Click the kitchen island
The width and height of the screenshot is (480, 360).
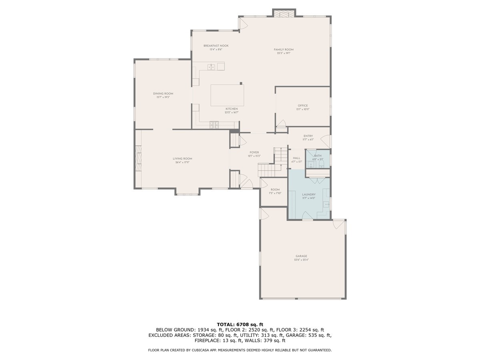click(x=227, y=95)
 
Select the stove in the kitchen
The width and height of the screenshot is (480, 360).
click(x=214, y=124)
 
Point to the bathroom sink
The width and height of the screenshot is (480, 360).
click(x=310, y=164)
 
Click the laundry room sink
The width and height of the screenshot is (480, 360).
click(x=326, y=204)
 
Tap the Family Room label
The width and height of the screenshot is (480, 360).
click(x=281, y=50)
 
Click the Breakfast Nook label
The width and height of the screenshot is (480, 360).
click(x=216, y=46)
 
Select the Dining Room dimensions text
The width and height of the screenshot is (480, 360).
click(x=163, y=97)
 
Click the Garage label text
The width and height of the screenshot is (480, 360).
click(x=301, y=256)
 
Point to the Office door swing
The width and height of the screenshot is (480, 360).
click(x=282, y=123)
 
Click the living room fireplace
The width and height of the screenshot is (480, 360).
click(x=138, y=158)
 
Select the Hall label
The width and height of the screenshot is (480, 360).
click(x=296, y=158)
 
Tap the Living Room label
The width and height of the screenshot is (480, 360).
click(x=182, y=158)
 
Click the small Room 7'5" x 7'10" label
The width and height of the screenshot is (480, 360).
click(x=275, y=190)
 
